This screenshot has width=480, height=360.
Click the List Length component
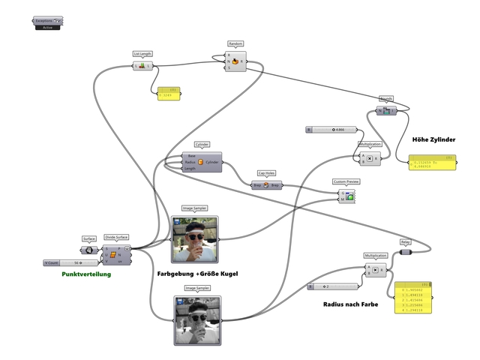(x=142, y=66)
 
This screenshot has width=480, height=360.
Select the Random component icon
(x=235, y=61)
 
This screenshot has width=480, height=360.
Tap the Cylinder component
(x=202, y=161)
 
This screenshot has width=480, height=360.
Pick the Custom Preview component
(x=347, y=196)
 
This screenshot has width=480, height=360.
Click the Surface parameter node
(x=88, y=249)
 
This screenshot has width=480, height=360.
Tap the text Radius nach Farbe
(x=349, y=304)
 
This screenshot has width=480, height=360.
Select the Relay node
(x=405, y=252)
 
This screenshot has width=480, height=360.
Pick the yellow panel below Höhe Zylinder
(x=431, y=163)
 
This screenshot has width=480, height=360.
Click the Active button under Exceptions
(x=46, y=27)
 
